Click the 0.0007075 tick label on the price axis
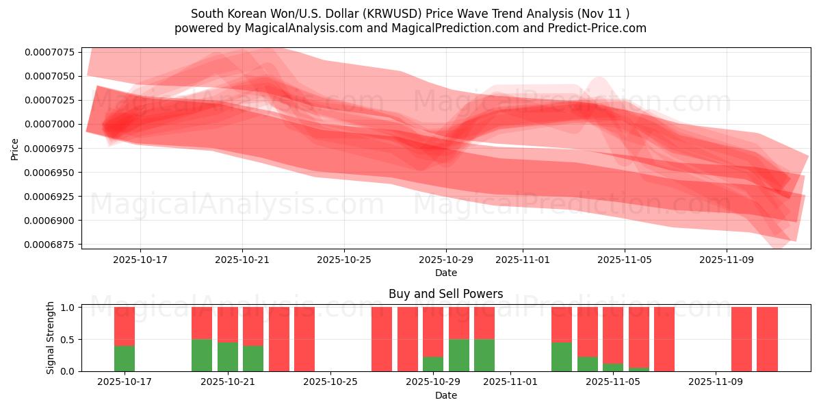coord(50,52)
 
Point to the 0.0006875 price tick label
coord(50,245)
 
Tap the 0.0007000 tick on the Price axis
coord(50,124)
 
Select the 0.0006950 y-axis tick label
coord(50,172)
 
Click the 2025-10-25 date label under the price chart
coord(344,260)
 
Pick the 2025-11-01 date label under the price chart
coord(523,260)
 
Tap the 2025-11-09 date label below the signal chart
coord(714,382)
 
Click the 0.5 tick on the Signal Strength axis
coord(68,340)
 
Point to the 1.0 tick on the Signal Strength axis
coord(68,308)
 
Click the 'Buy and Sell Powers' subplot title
coord(445,294)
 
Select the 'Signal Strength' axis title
coord(51,338)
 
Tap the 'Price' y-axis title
coord(15,149)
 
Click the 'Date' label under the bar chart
coord(445,395)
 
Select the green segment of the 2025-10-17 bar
coord(125,358)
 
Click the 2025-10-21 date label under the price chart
coord(242,260)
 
